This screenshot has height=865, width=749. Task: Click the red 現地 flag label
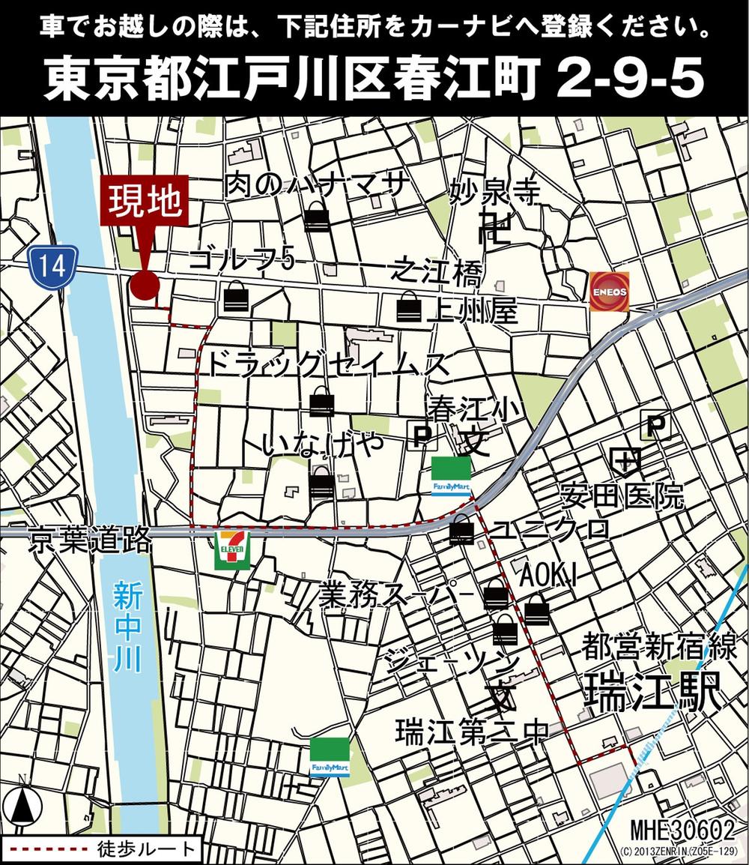pos(145,201)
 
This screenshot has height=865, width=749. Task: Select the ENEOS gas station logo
pos(609,291)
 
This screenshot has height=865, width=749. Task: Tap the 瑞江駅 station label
pos(653,690)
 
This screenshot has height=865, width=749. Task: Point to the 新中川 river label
pos(128,625)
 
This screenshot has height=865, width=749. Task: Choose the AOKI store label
pos(549,576)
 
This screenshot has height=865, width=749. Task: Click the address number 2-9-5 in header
pos(628,81)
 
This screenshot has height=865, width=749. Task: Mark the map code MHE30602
pos(682,830)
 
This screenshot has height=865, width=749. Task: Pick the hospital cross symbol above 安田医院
pos(625,459)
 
